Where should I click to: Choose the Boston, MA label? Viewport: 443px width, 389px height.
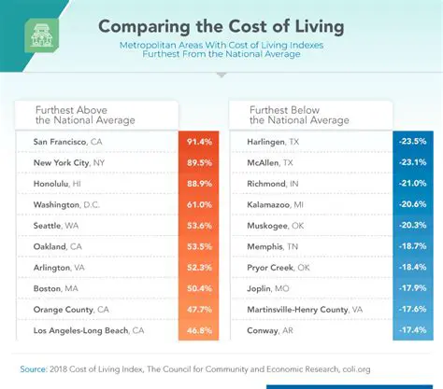pyautogui.click(x=56, y=288)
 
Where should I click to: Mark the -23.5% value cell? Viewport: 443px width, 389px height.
pyautogui.click(x=411, y=142)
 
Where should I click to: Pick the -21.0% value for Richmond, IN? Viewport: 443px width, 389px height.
pyautogui.click(x=411, y=184)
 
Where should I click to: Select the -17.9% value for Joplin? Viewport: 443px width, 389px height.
pyautogui.click(x=411, y=288)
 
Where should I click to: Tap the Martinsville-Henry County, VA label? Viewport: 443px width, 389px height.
pyautogui.click(x=304, y=309)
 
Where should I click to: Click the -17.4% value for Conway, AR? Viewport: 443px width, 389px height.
pyautogui.click(x=411, y=330)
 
